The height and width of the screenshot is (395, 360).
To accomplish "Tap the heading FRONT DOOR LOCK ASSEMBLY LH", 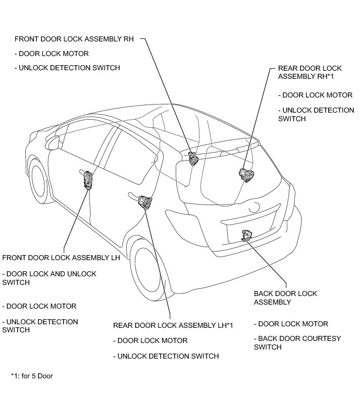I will [x=61, y=258].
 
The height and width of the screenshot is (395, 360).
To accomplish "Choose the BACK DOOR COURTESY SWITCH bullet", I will [x=297, y=342].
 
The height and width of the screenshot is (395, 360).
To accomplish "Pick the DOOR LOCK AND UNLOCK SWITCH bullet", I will [x=49, y=278].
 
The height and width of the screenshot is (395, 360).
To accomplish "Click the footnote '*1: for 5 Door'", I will [x=32, y=376].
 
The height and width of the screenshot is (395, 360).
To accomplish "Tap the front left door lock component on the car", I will [x=89, y=179].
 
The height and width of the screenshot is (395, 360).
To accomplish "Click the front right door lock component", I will [x=193, y=158].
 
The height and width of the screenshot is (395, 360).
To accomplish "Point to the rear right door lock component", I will [x=246, y=175].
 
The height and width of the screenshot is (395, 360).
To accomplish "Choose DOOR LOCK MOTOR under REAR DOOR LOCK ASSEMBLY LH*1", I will [x=150, y=340].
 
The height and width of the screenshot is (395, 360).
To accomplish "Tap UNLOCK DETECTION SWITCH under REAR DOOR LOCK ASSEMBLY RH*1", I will [x=316, y=114].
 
